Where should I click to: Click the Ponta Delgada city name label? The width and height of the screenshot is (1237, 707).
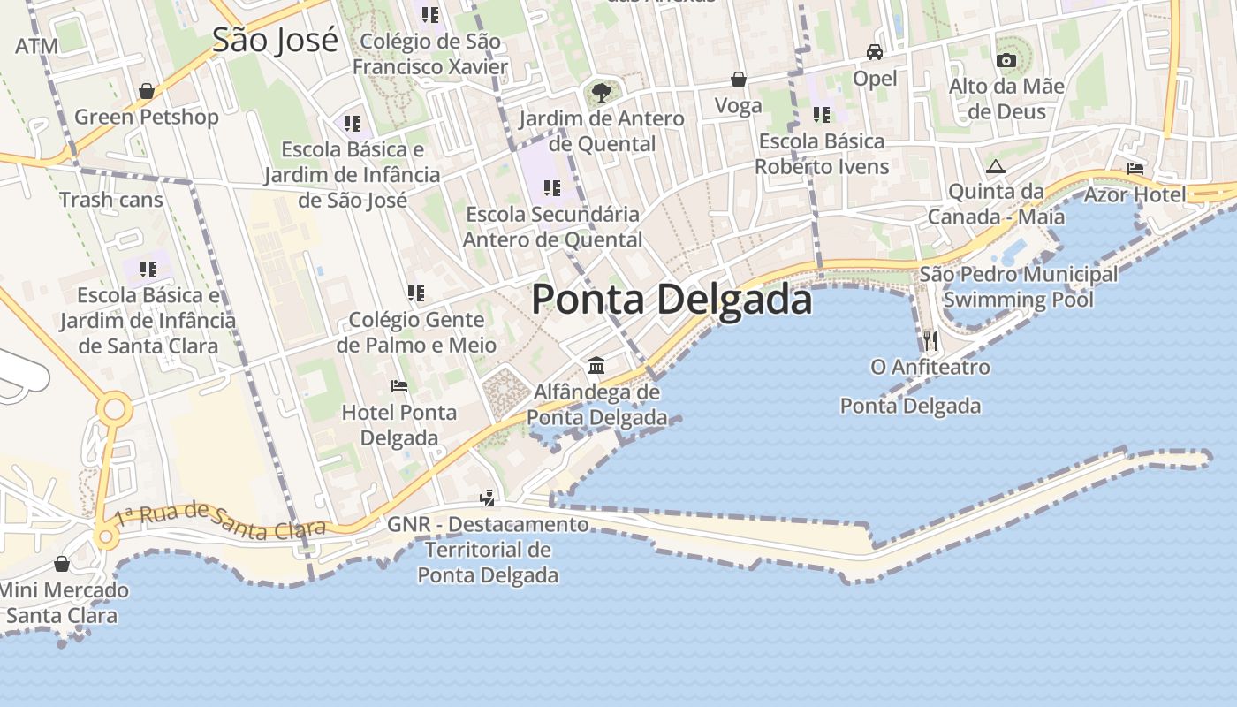pos(672,300)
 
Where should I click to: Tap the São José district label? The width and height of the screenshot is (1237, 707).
pos(275,40)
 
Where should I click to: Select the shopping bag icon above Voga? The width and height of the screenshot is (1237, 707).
pos(739,80)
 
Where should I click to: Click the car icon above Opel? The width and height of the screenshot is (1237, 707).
pos(875,52)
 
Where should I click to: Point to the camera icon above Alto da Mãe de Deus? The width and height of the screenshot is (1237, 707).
pos(1006,61)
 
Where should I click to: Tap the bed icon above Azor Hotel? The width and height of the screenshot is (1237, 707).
pos(1135,169)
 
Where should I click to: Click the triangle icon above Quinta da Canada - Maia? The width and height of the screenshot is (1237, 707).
pos(996,166)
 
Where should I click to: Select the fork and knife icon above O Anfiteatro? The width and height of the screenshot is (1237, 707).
pos(930,340)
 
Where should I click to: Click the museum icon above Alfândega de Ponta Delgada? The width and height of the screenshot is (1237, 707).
pos(596,366)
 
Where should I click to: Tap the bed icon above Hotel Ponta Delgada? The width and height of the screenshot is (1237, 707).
pos(399,386)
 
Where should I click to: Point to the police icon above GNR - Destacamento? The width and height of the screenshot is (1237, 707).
pos(487,498)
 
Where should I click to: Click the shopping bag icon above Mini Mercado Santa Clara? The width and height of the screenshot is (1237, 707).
pos(62,564)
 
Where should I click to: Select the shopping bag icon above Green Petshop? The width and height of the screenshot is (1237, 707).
pos(147,91)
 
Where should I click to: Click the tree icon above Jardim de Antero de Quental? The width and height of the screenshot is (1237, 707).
pos(601,92)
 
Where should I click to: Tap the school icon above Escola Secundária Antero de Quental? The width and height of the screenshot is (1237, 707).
pos(552,188)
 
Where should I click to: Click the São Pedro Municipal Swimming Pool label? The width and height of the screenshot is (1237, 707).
pos(1018,287)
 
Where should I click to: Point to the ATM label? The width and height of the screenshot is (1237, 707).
pos(37,46)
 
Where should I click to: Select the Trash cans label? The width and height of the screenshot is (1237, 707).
pos(111,200)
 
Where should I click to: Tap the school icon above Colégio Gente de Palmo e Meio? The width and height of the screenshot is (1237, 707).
pos(416,293)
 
